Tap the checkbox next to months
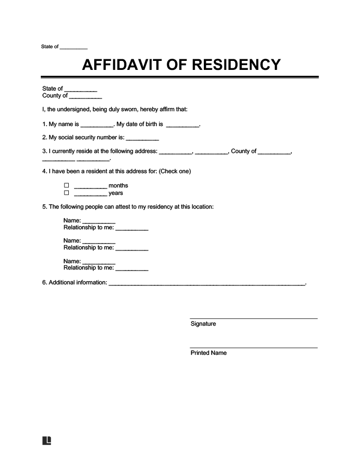(x=66, y=186)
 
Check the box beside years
(x=66, y=193)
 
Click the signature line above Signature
(x=254, y=318)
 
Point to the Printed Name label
(x=208, y=353)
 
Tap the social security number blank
(x=142, y=139)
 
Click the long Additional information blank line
(x=206, y=284)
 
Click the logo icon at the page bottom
(x=47, y=441)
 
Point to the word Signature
(x=203, y=324)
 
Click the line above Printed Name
(x=254, y=347)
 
